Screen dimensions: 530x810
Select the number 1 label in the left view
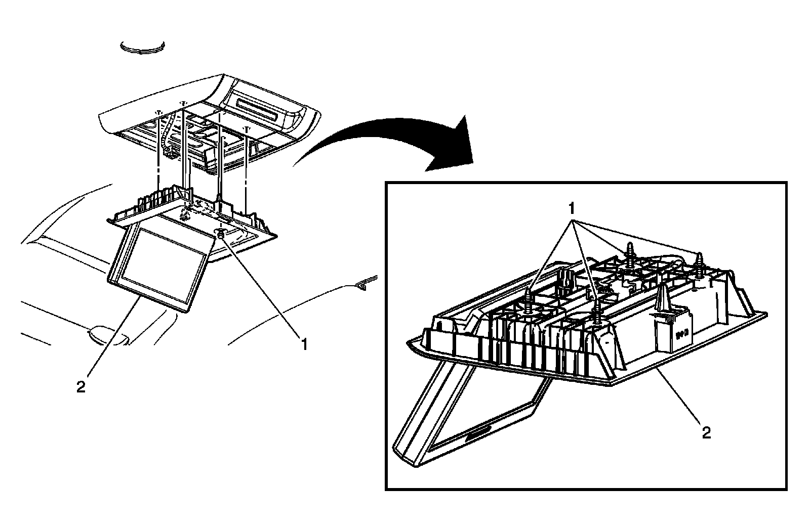[304, 344]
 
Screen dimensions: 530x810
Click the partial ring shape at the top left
[143, 47]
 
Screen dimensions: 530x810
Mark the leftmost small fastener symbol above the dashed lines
[158, 112]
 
